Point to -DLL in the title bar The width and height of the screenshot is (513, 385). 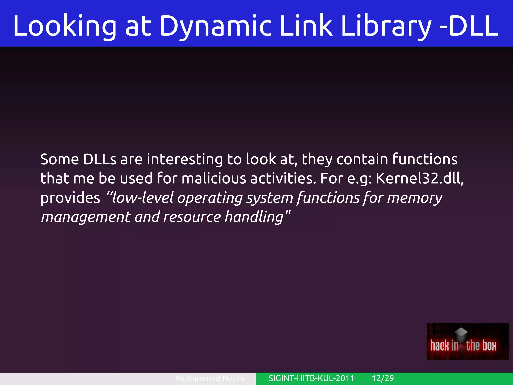468,26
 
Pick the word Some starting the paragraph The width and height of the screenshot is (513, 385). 59,159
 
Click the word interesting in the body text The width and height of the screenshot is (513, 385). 185,159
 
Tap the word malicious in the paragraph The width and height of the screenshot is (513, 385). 214,179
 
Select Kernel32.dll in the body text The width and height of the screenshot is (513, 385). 420,179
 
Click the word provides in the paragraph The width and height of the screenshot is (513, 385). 70,198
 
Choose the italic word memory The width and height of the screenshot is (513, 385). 415,198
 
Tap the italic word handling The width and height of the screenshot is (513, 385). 254,217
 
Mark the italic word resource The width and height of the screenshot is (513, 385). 192,217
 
